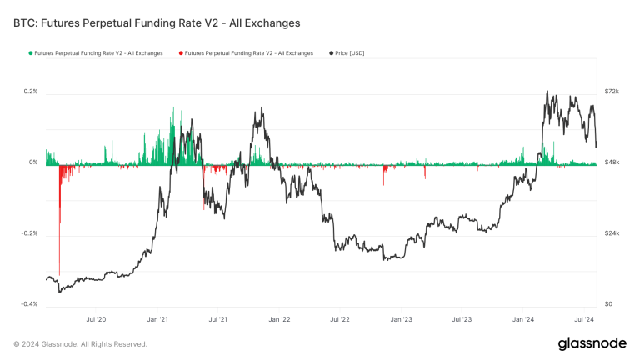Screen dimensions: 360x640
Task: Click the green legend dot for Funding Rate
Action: coord(30,53)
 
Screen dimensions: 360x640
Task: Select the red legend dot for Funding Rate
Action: coord(181,53)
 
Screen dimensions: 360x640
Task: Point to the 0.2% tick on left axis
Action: coord(30,91)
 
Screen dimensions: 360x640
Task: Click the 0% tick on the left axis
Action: coord(33,162)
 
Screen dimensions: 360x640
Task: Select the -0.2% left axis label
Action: coord(29,233)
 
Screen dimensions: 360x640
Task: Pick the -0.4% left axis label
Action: coord(29,304)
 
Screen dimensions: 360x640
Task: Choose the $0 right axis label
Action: coord(608,304)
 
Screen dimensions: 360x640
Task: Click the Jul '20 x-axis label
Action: coord(97,319)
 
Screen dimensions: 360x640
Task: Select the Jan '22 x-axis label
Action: coord(280,319)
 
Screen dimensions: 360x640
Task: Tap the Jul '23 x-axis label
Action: coord(462,319)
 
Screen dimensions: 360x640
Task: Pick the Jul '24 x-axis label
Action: coord(583,319)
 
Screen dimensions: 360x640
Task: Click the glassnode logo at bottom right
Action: coord(592,343)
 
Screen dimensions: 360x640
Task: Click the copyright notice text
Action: coord(81,343)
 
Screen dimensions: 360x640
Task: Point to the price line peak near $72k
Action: coord(547,92)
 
